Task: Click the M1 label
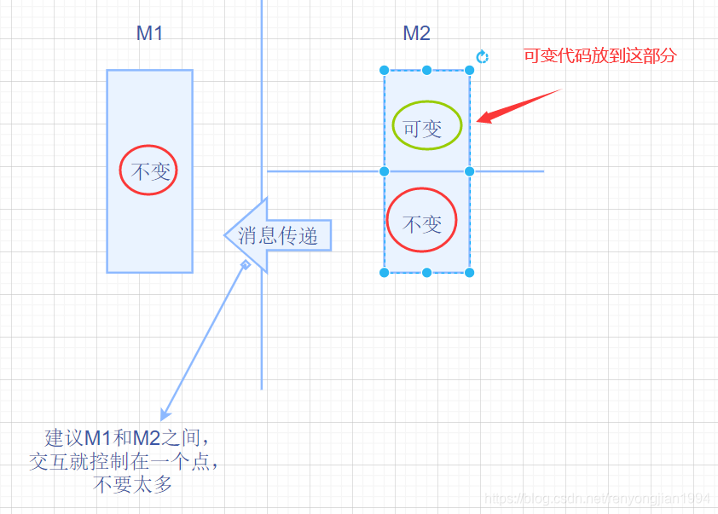(149, 33)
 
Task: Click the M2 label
(416, 33)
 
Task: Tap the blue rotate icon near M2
(482, 56)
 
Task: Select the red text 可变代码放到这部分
(599, 56)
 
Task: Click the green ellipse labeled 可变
(426, 127)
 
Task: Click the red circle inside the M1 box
(149, 170)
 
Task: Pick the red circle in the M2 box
(422, 221)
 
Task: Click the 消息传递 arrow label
(278, 235)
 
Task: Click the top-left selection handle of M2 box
(384, 71)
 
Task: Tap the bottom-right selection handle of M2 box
(469, 273)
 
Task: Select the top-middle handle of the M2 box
(426, 71)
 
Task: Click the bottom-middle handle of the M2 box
(426, 273)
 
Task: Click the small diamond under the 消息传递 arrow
(245, 265)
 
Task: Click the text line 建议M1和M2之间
(126, 439)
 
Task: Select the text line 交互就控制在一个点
(128, 463)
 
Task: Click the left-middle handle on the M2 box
(384, 171)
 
